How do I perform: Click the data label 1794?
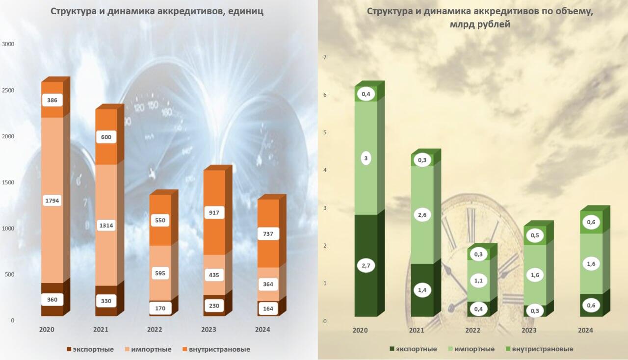click(x=52, y=200)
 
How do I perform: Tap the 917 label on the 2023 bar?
click(x=214, y=212)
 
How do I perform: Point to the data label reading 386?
click(x=52, y=100)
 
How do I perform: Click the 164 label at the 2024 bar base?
click(x=268, y=309)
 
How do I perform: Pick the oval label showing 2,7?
click(x=366, y=265)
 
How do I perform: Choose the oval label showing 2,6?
click(x=422, y=214)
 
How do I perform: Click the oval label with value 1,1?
click(x=478, y=281)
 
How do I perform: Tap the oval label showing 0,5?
click(x=535, y=235)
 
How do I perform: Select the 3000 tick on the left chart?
click(x=9, y=44)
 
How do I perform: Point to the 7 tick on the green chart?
click(x=324, y=57)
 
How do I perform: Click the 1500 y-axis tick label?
click(x=9, y=182)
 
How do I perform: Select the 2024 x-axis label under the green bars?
click(x=585, y=331)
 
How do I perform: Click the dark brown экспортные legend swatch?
click(x=69, y=349)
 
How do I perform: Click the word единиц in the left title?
click(x=245, y=12)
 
